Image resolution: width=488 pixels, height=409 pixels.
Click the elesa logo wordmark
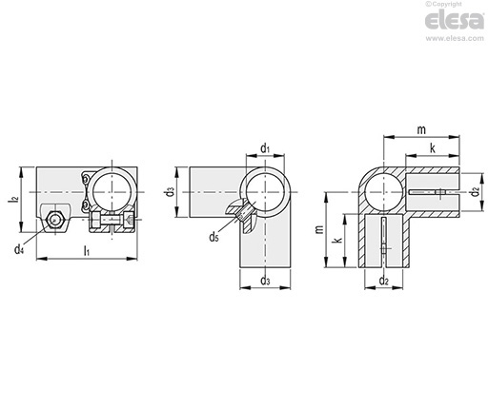(x=455, y=20)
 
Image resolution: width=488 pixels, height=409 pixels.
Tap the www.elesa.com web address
(x=455, y=38)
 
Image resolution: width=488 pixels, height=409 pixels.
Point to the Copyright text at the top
(x=444, y=4)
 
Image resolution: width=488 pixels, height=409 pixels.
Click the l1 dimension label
(x=86, y=251)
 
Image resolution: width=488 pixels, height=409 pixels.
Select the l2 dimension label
(x=13, y=200)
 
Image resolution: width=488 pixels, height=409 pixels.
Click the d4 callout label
(x=19, y=249)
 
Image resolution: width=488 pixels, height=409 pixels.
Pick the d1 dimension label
(x=265, y=148)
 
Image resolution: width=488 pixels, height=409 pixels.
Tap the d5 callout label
(x=213, y=237)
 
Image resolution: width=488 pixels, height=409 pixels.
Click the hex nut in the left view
(x=55, y=220)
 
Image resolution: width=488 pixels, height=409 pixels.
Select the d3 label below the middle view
(x=265, y=281)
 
